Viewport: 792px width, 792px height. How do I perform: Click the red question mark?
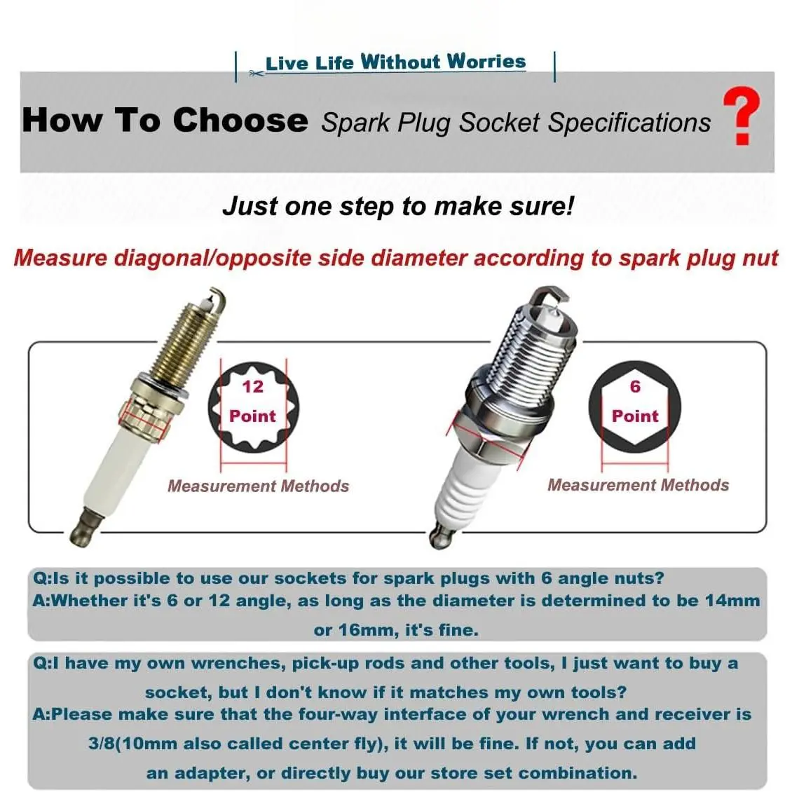[x=742, y=115]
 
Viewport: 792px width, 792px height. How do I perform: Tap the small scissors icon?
[x=256, y=74]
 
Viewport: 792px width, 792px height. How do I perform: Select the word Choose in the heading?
[x=240, y=121]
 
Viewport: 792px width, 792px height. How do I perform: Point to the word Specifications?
[x=629, y=123]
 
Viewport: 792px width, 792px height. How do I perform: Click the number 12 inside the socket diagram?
[x=252, y=386]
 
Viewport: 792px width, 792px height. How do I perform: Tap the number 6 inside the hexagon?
[x=635, y=386]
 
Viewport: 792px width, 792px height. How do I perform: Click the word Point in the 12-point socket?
[x=252, y=416]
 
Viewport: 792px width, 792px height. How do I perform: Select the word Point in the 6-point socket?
[x=635, y=416]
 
